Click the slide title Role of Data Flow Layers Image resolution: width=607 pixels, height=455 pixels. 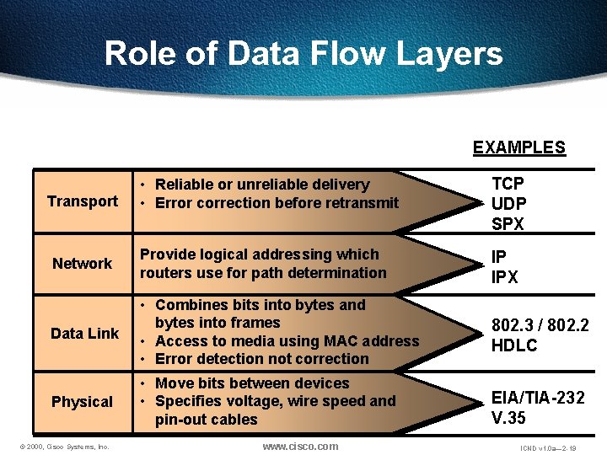pos(303,54)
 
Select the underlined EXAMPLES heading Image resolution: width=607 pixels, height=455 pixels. pos(518,147)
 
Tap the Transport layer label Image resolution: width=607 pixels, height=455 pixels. pos(83,201)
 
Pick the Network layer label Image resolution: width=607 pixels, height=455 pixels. pos(82,264)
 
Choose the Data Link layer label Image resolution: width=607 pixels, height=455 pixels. pos(84,334)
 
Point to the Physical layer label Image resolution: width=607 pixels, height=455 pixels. pos(82,402)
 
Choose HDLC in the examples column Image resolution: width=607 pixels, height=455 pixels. pos(514,346)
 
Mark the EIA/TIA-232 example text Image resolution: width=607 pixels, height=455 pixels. pos(538,398)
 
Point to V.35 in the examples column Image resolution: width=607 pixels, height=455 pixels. pos(509,416)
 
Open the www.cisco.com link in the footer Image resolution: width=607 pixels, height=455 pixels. pos(301,446)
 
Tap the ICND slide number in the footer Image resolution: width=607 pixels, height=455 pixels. pos(548,448)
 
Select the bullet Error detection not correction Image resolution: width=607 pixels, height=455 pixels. pos(261,359)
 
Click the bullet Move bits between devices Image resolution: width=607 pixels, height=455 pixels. pos(251,383)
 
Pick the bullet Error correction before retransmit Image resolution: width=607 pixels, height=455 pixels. pos(277,203)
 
